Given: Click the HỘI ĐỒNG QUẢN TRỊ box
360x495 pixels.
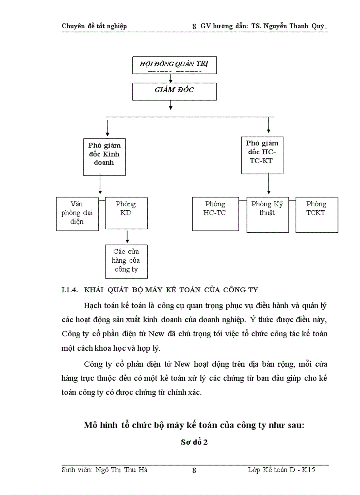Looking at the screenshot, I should click(x=174, y=65).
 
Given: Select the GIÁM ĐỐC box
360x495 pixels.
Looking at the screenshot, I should click(x=174, y=91).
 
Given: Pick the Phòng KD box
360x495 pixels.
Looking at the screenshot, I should click(x=126, y=213).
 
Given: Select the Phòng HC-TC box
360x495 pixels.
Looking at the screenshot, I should click(x=215, y=214).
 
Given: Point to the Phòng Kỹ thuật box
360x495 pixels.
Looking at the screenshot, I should click(x=267, y=214).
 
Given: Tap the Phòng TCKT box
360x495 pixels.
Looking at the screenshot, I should click(x=316, y=214).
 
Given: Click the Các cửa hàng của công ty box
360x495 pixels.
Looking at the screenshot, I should click(x=126, y=261).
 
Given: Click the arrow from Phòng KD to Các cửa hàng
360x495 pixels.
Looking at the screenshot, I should click(x=127, y=237).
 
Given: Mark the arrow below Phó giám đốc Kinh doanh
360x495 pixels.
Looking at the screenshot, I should click(x=101, y=185).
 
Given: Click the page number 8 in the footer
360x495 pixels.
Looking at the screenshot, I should click(x=194, y=470).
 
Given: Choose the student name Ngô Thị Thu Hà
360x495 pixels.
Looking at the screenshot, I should click(x=105, y=470).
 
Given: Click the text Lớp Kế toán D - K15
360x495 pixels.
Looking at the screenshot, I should click(x=281, y=470).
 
